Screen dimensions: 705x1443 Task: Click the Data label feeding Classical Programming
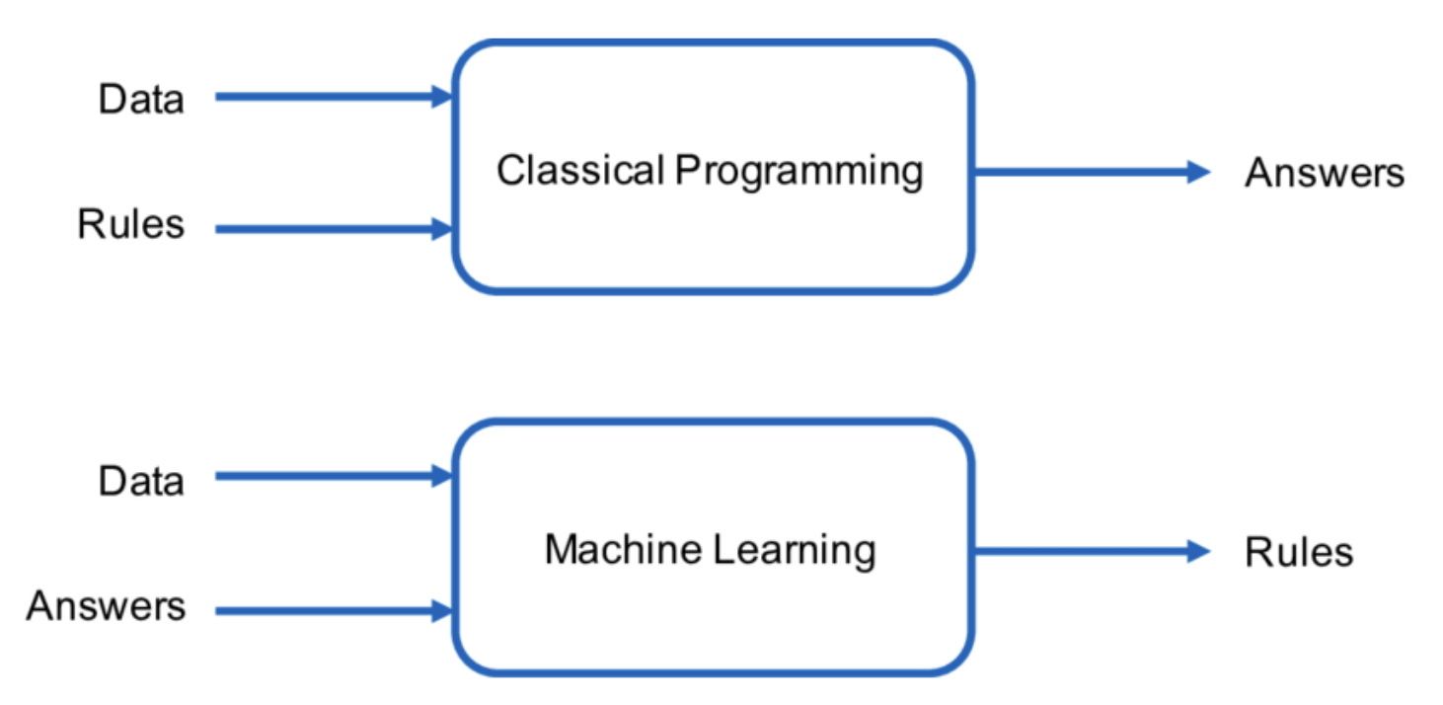[x=141, y=100]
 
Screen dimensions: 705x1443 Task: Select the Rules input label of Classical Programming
[x=131, y=225]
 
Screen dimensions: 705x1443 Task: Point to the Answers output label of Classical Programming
[x=1324, y=173]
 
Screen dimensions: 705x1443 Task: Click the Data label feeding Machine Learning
[x=141, y=481]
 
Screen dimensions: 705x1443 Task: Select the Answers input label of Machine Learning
[x=106, y=605]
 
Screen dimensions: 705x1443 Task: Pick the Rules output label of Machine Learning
[x=1299, y=552]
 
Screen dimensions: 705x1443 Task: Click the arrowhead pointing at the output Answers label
[x=1198, y=172]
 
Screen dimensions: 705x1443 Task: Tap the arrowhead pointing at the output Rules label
[x=1198, y=551]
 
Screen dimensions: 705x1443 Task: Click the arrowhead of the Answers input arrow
[x=440, y=611]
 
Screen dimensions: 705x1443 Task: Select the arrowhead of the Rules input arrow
[x=440, y=230]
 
